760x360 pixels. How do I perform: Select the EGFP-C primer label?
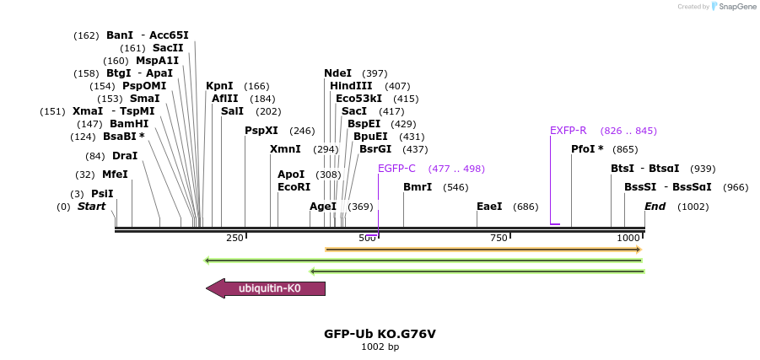click(x=396, y=169)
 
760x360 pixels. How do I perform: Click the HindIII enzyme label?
click(x=350, y=86)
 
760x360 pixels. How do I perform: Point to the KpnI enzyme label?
click(x=219, y=86)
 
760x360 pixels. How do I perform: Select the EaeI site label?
click(x=489, y=207)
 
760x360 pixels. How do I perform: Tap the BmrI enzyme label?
click(x=418, y=187)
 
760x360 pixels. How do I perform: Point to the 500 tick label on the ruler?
click(x=367, y=239)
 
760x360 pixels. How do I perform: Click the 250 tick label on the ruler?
click(x=234, y=239)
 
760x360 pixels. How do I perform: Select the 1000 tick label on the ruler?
click(x=628, y=239)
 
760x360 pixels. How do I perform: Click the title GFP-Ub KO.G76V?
click(x=380, y=334)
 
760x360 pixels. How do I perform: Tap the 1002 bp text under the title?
click(x=380, y=347)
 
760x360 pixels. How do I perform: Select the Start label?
click(x=92, y=207)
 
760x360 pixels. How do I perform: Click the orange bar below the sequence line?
click(x=482, y=250)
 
